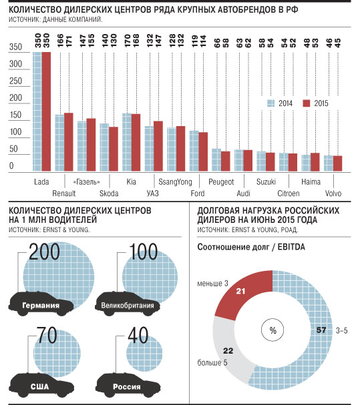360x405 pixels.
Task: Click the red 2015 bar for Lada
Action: (x=46, y=111)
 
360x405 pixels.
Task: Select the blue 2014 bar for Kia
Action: (x=127, y=142)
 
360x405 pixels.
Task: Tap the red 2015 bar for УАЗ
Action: (x=158, y=146)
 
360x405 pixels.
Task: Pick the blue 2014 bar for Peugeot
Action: (x=216, y=160)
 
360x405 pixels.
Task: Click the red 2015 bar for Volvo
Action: (x=337, y=163)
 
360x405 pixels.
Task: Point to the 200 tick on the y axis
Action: (x=16, y=98)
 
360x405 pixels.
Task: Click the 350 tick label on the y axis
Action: (x=16, y=47)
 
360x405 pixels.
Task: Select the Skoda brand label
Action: (x=109, y=193)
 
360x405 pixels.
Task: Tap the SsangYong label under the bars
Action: (x=176, y=182)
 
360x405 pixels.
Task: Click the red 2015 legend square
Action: (x=307, y=103)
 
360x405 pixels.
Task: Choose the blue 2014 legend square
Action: (x=271, y=103)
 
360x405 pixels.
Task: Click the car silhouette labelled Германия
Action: (x=41, y=304)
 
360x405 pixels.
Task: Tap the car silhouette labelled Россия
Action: (x=128, y=385)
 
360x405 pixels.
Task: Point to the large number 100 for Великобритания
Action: (x=144, y=252)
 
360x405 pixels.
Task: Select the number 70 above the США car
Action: (x=47, y=335)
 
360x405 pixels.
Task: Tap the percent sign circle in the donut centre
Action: (x=273, y=330)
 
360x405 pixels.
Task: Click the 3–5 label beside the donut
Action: (x=342, y=330)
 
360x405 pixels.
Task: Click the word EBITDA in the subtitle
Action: (x=291, y=247)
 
